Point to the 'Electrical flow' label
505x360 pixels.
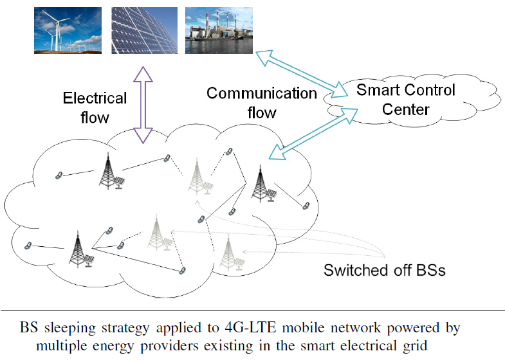pyautogui.click(x=95, y=107)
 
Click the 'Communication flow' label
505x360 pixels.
pyautogui.click(x=261, y=103)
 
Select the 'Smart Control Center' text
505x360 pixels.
pyautogui.click(x=405, y=99)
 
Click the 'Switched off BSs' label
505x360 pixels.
pyautogui.click(x=384, y=270)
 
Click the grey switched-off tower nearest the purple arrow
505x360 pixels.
pyautogui.click(x=196, y=176)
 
